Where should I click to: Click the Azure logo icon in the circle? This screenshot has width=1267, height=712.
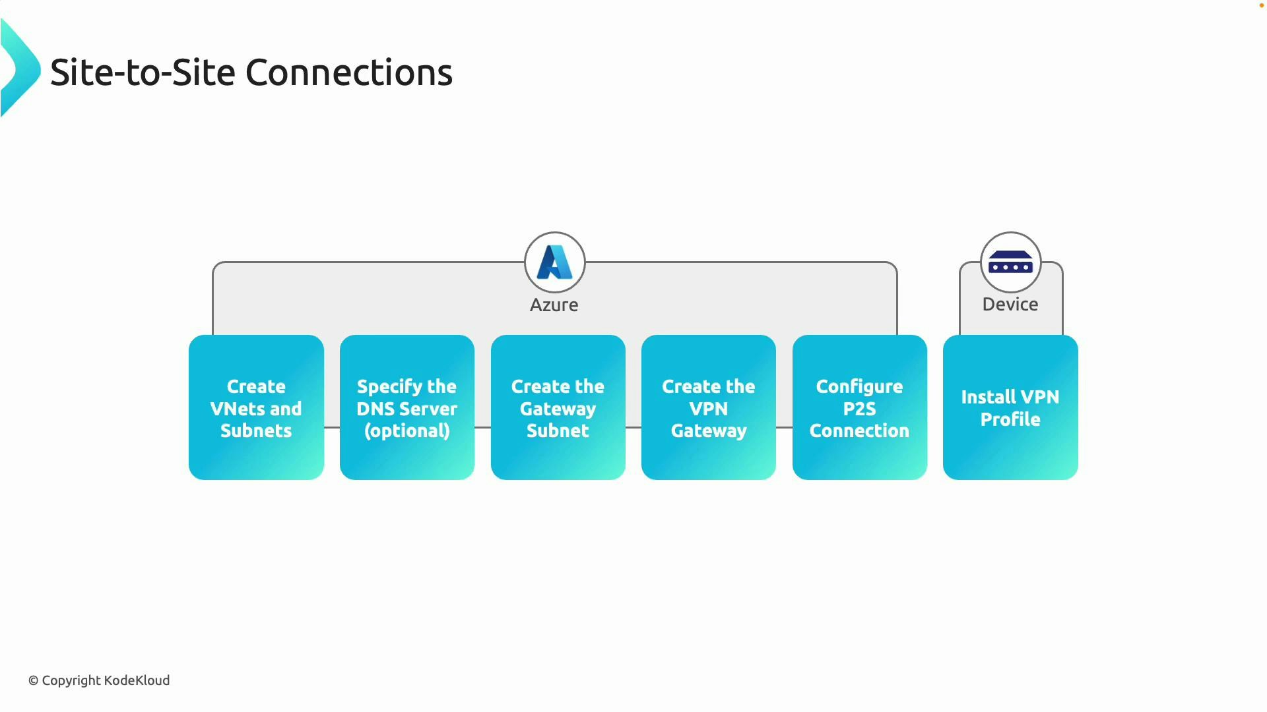coord(554,262)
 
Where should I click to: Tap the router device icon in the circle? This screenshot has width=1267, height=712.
coord(1010,262)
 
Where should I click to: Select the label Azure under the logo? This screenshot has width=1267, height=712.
coord(554,305)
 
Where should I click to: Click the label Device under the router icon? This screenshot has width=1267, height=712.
coord(1010,304)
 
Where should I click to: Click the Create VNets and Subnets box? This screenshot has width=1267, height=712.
coord(256,407)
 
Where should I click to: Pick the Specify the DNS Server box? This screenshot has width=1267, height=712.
coord(406,407)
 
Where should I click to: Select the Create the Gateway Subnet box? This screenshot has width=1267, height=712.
coord(558,407)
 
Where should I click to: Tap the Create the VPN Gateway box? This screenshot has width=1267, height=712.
coord(708,407)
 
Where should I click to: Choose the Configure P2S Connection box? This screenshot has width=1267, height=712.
coord(859,407)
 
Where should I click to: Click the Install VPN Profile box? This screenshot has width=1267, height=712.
coord(1010,407)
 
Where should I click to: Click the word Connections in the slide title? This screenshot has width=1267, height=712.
coord(349,73)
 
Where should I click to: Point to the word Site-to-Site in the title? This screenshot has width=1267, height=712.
coord(143,73)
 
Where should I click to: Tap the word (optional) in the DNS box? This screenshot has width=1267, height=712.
coord(406,431)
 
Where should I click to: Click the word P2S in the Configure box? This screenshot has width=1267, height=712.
coord(859,409)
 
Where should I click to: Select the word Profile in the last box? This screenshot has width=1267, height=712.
coord(1010,419)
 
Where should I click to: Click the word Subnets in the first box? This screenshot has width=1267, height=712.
coord(256,430)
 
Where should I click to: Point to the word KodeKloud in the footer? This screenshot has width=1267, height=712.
coord(137,680)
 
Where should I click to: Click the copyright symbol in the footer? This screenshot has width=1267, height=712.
coord(33,681)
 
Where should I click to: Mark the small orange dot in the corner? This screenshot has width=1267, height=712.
coord(1261,5)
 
